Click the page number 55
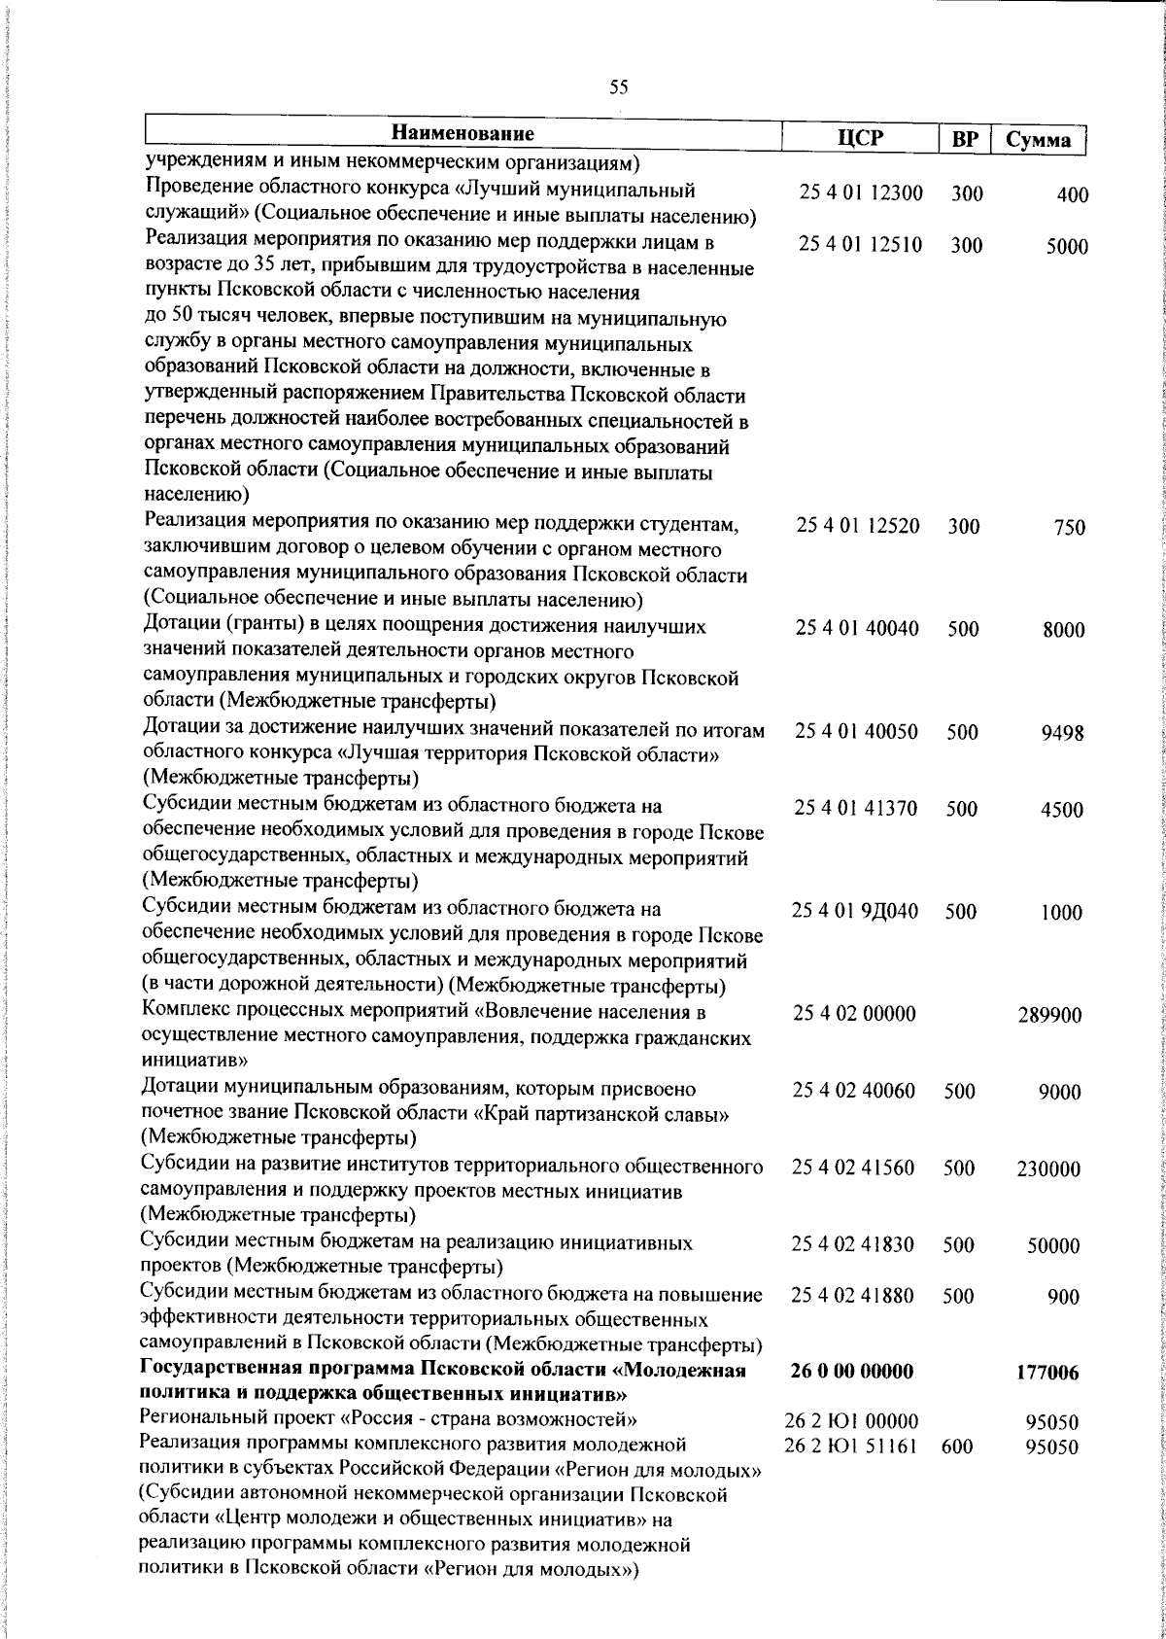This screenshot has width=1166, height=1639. point(619,87)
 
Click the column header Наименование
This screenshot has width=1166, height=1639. point(463,133)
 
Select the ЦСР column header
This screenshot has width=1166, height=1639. point(861,137)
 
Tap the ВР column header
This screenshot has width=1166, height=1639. point(964,140)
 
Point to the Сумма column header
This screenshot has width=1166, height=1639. point(1038,140)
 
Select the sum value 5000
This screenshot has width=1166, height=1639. point(1067,247)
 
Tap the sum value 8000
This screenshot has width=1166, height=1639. point(1064,630)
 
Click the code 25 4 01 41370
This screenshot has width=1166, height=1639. point(856,808)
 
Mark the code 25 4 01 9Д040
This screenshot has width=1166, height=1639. point(855,911)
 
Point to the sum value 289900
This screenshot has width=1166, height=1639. point(1049,1016)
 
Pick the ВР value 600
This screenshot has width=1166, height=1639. point(957,1447)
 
